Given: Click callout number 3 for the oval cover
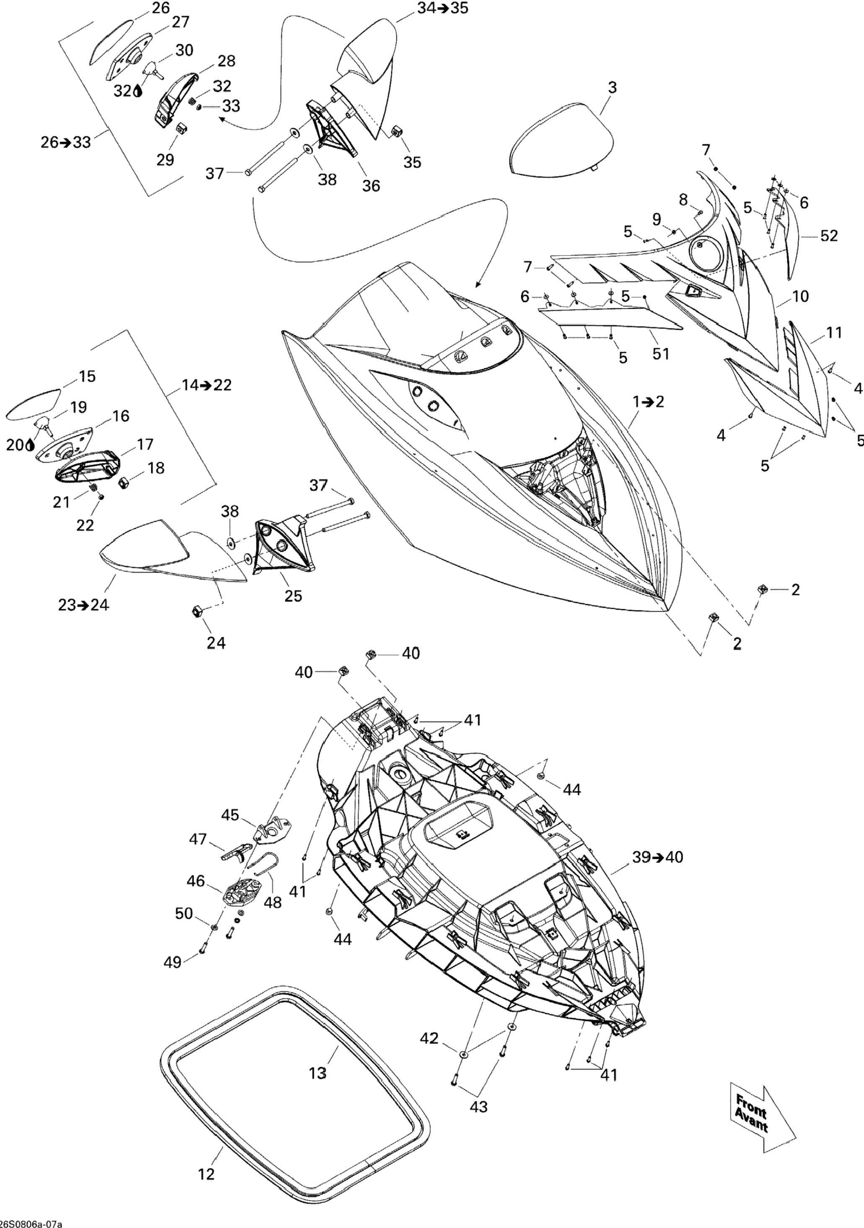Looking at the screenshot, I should (612, 87).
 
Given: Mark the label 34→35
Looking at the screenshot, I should (442, 8).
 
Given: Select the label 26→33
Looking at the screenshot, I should (66, 142).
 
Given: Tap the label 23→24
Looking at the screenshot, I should (83, 605).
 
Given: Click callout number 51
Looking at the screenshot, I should (661, 354).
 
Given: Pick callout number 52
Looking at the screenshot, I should (829, 235).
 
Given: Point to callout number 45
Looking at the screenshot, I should (230, 830).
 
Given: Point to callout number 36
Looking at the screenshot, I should (371, 185).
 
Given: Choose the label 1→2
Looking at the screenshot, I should (648, 402).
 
